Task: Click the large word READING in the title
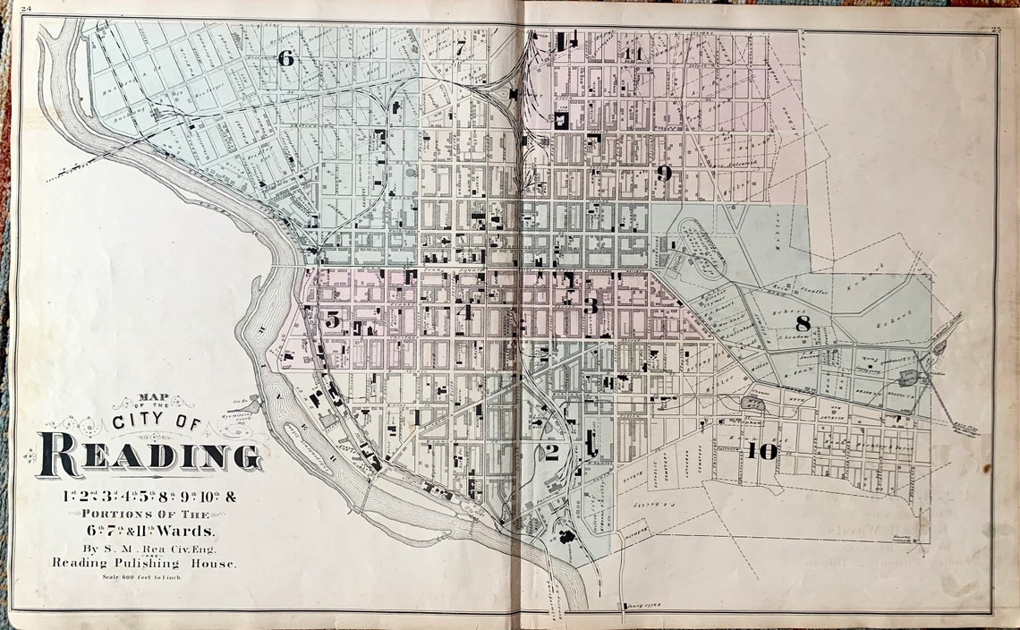click(149, 455)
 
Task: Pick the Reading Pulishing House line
click(143, 563)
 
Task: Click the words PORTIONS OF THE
click(145, 514)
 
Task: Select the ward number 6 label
click(285, 59)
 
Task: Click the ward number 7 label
click(460, 49)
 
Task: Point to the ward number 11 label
click(634, 54)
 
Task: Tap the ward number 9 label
click(663, 174)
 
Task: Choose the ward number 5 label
click(332, 319)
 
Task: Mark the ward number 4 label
click(463, 312)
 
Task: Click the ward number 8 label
click(803, 324)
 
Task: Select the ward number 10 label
click(762, 451)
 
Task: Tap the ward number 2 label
click(551, 453)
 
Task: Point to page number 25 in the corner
click(996, 30)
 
